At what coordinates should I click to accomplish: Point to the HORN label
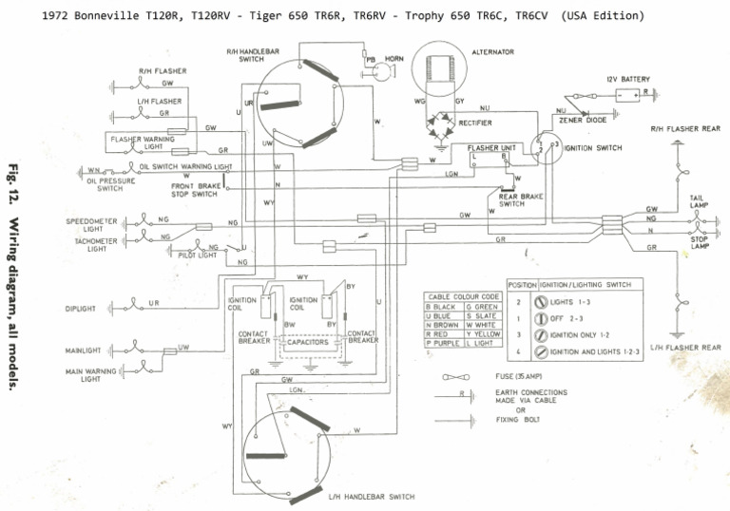(394, 59)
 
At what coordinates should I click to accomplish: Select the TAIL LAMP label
(699, 201)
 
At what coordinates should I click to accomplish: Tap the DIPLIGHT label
(83, 308)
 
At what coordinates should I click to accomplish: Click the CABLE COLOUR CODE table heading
(463, 297)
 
